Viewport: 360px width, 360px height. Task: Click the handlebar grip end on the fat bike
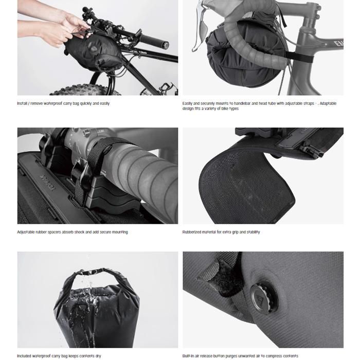(x=165, y=45)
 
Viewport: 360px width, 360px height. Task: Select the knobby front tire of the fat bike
(x=85, y=90)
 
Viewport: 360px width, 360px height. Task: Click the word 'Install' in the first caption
(x=22, y=103)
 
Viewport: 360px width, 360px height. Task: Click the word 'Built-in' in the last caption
(x=188, y=356)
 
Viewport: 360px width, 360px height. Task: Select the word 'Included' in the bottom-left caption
(x=25, y=356)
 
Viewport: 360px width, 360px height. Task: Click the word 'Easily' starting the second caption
(x=187, y=103)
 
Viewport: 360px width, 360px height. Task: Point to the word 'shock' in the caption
(x=79, y=232)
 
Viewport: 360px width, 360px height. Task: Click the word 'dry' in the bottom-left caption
(x=98, y=356)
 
